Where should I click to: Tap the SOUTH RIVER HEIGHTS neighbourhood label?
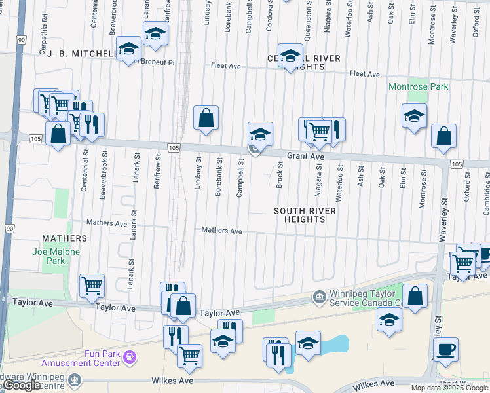(x=305, y=215)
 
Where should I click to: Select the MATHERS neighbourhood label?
(x=64, y=238)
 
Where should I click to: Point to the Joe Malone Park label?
(x=56, y=256)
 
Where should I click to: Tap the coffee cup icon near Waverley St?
(x=445, y=349)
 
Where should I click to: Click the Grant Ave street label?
(x=306, y=157)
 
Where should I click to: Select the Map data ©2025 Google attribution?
(x=449, y=388)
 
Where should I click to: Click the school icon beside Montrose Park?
(x=414, y=116)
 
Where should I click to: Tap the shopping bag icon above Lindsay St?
(x=206, y=118)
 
